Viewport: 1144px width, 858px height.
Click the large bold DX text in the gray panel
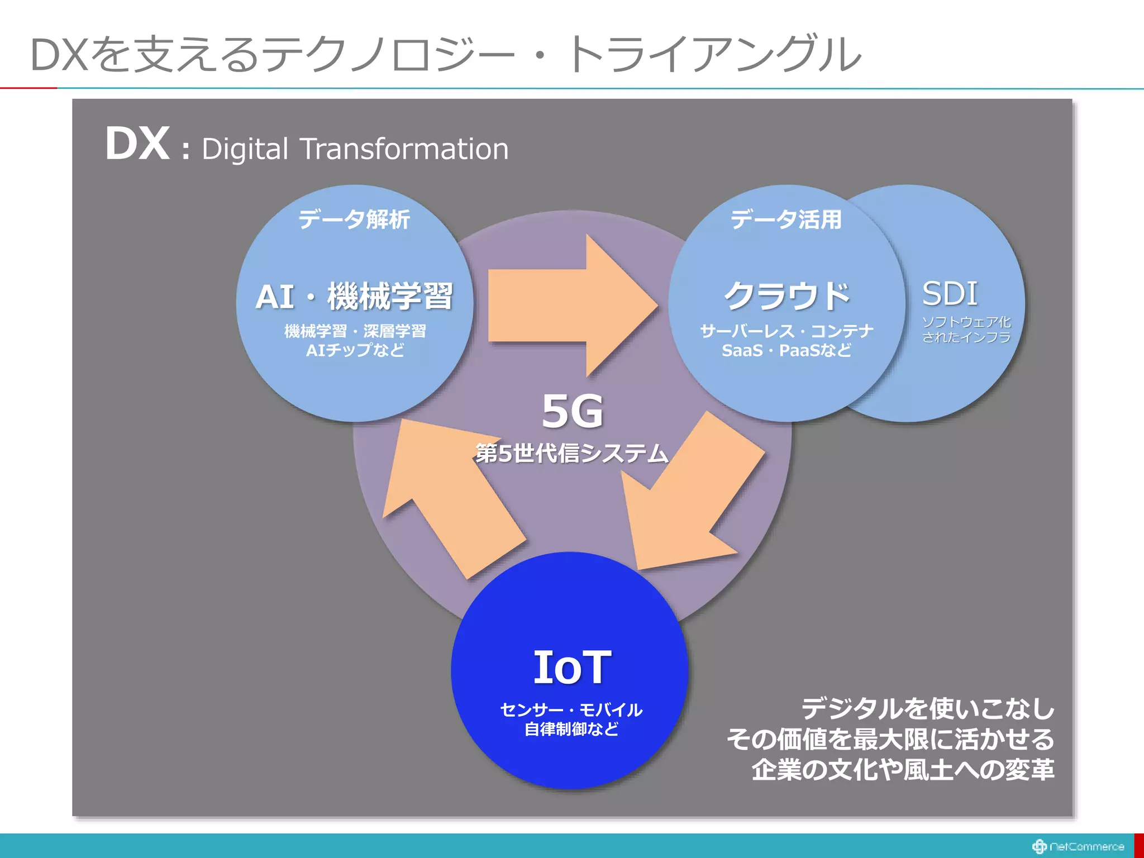137,144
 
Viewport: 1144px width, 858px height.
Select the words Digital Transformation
355,149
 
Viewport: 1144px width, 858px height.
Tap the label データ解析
354,219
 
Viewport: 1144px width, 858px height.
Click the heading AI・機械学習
354,296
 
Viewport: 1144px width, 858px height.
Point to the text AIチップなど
355,350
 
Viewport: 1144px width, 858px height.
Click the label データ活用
786,219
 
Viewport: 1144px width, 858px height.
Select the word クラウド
786,296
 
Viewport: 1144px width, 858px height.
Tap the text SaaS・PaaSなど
786,350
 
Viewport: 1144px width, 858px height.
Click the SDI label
950,293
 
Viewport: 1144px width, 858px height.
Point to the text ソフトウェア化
966,322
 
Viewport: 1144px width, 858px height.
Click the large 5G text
572,412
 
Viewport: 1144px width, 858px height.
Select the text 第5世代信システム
572,453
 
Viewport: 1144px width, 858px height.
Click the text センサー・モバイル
571,710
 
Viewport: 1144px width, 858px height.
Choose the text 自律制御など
571,729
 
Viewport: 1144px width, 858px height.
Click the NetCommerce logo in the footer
1078,846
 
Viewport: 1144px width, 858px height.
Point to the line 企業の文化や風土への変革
903,770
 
